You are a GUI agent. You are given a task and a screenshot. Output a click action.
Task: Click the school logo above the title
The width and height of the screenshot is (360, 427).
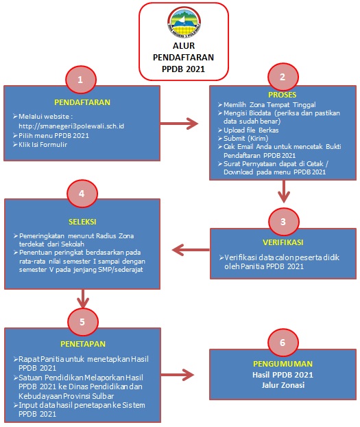click(x=184, y=22)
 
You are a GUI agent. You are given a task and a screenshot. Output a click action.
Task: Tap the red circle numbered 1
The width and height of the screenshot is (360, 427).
click(x=80, y=80)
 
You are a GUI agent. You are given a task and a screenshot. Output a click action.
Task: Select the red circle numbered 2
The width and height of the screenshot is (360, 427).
click(x=283, y=77)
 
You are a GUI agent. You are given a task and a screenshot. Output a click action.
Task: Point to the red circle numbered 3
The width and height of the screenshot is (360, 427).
click(x=283, y=222)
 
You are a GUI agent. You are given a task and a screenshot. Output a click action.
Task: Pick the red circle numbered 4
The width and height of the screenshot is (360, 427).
click(x=82, y=194)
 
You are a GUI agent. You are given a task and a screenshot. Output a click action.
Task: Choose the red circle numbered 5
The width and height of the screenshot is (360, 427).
click(x=82, y=322)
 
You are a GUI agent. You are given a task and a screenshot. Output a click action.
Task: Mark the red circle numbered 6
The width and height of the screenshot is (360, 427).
click(x=283, y=343)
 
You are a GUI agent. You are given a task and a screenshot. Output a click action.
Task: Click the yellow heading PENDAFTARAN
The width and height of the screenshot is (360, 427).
click(x=82, y=102)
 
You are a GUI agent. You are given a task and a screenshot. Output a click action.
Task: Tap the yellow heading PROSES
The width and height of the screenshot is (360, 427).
click(x=283, y=95)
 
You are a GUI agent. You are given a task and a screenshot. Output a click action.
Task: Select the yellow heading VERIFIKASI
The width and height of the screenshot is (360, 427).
click(x=283, y=242)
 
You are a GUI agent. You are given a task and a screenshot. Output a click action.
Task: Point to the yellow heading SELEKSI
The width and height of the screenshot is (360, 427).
click(x=82, y=222)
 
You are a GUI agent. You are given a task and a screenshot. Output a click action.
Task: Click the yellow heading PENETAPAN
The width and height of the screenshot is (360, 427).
click(x=83, y=344)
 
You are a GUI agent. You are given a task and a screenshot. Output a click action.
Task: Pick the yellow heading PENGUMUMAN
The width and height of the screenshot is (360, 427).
click(x=283, y=364)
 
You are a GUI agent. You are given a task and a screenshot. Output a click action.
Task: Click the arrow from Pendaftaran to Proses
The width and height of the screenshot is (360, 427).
click(x=180, y=124)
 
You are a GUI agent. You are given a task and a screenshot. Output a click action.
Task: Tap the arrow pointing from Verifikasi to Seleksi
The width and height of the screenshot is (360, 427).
click(x=191, y=250)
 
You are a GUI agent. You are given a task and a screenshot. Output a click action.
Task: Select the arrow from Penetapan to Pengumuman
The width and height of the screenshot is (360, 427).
click(x=177, y=375)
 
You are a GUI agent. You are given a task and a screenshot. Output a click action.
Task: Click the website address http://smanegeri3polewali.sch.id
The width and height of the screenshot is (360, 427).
click(x=71, y=126)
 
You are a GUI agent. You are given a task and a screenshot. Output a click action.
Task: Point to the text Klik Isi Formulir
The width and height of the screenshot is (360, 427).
click(x=43, y=145)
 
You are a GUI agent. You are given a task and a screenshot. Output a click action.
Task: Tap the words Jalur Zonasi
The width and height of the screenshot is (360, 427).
click(x=283, y=385)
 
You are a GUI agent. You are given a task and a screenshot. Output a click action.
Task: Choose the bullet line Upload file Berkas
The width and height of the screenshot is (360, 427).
click(x=251, y=130)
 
